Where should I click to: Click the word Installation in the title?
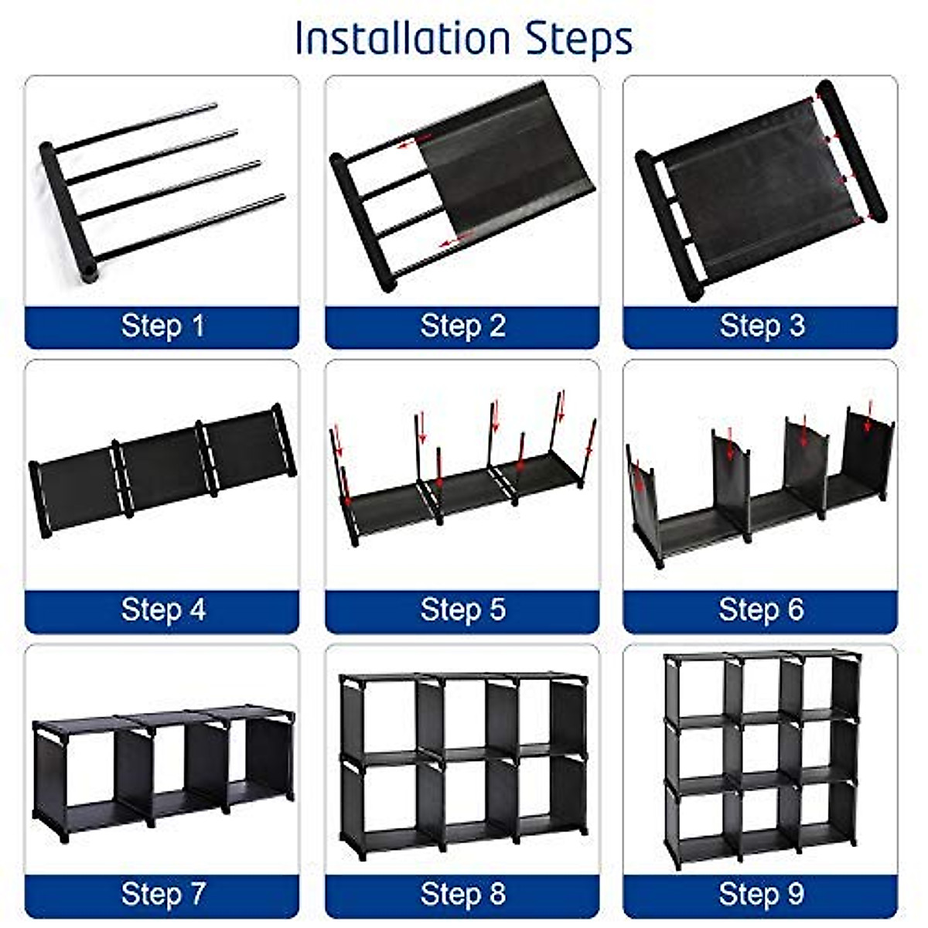click(403, 39)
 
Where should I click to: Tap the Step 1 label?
click(162, 326)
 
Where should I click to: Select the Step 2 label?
click(462, 326)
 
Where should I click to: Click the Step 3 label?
click(762, 326)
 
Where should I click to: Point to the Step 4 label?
click(162, 609)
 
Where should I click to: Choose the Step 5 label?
click(462, 609)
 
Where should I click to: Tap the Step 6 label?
click(761, 609)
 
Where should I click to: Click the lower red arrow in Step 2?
click(455, 239)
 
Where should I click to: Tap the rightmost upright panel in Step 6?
click(867, 452)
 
